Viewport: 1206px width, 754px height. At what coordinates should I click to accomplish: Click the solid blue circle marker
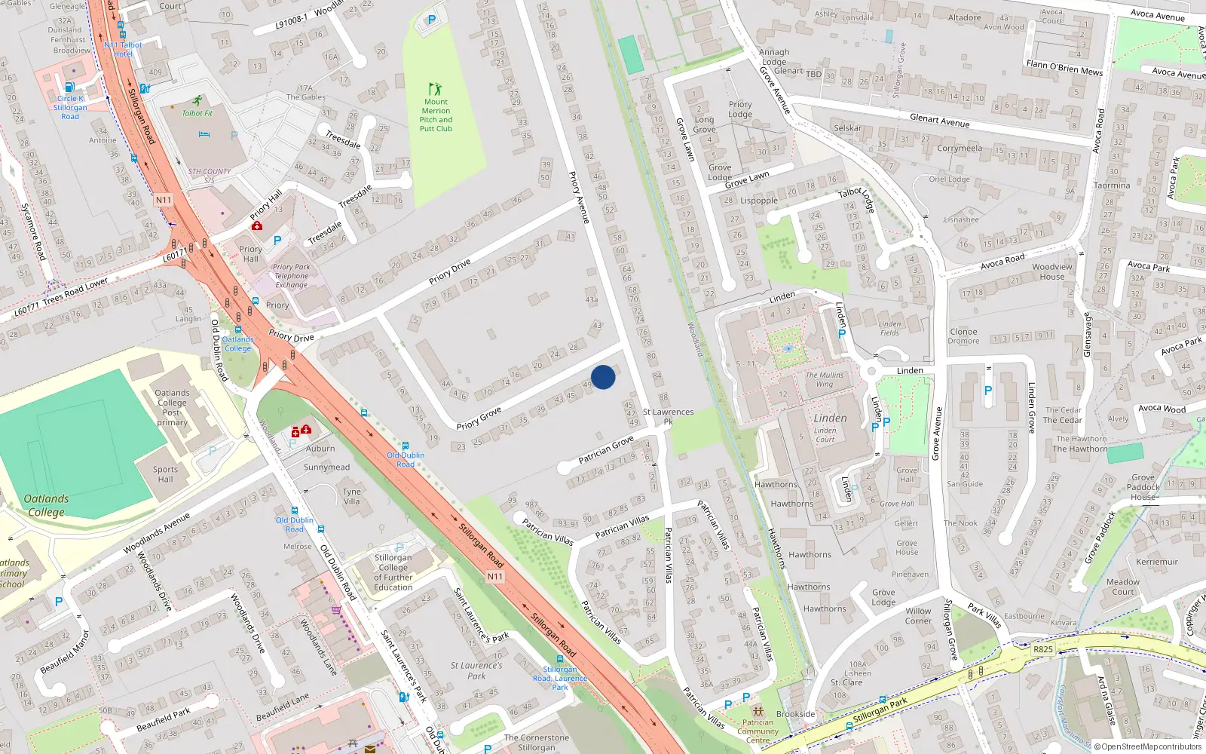[x=603, y=377]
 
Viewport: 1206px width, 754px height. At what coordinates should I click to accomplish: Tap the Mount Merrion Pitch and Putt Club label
[x=436, y=115]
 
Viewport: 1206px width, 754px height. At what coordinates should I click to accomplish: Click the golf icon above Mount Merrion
[x=435, y=89]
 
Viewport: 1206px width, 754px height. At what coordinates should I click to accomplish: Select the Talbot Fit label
[x=197, y=113]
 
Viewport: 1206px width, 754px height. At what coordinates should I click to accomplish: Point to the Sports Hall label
[x=165, y=474]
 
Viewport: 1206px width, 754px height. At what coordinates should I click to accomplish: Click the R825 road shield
[x=1043, y=649]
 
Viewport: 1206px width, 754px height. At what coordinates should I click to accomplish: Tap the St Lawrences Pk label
[x=668, y=416]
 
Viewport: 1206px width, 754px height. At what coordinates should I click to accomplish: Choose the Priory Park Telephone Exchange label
[x=292, y=276]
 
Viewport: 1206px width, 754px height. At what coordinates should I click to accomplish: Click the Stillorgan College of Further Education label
[x=393, y=572]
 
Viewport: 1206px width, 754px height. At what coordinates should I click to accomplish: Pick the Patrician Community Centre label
[x=758, y=731]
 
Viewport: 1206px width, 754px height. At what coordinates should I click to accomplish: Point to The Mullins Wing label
[x=825, y=379]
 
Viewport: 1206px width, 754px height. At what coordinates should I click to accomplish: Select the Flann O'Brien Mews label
[x=1064, y=68]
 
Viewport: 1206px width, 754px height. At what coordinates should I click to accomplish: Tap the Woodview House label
[x=1052, y=271]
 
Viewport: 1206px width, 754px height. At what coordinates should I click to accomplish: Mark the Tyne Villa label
[x=352, y=496]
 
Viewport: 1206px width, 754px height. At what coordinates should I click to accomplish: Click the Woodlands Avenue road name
[x=157, y=533]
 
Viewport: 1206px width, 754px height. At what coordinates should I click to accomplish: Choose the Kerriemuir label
[x=1156, y=562]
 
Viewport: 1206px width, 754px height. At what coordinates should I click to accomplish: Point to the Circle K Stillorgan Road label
[x=70, y=107]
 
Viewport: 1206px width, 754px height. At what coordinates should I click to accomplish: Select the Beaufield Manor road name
[x=65, y=653]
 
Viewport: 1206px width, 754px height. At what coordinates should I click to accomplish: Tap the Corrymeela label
[x=960, y=148]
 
